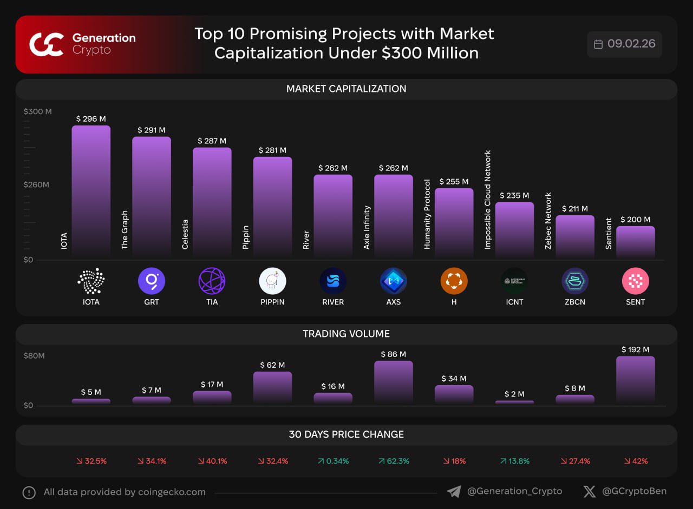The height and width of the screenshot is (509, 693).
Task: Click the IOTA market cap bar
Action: tap(91, 191)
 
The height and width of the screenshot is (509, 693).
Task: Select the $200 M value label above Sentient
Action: tap(636, 220)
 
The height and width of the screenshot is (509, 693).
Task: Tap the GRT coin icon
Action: tap(152, 281)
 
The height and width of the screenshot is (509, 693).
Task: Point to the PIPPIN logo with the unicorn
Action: tap(272, 281)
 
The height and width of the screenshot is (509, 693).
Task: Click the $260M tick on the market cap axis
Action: tap(36, 184)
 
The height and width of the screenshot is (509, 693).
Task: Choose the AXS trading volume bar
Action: tap(394, 382)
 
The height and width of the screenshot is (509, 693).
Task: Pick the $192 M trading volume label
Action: tap(636, 349)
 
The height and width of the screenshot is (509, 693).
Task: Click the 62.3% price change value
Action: tap(394, 461)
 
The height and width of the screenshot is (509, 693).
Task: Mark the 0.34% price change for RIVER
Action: tap(333, 461)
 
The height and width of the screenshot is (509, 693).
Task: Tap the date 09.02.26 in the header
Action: tap(631, 44)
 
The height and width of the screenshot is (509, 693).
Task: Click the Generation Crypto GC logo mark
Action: tap(47, 44)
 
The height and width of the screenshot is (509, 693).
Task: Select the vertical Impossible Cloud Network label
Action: tap(488, 200)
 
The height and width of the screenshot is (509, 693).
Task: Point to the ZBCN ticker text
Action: tap(575, 302)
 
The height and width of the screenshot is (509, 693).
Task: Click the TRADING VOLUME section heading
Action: tap(346, 334)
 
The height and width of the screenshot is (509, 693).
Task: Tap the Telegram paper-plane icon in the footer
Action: tap(454, 492)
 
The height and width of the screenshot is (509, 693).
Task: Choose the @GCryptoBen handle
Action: tap(634, 491)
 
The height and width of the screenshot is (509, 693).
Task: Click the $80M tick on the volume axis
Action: tap(34, 356)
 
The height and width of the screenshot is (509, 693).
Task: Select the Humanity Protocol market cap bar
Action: tap(454, 223)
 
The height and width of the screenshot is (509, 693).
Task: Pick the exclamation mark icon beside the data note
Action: tap(29, 492)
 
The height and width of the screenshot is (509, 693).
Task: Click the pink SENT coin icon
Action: tap(636, 281)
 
